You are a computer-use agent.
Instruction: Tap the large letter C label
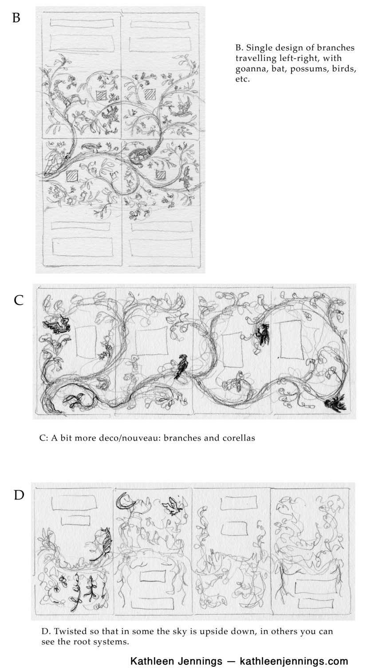coord(19,300)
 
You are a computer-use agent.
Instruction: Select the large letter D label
coord(19,494)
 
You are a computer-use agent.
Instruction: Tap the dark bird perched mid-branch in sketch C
coord(180,366)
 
